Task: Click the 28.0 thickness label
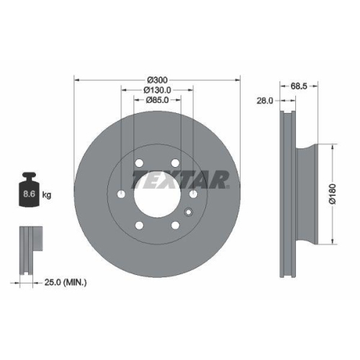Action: click(265, 102)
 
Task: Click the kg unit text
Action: click(47, 195)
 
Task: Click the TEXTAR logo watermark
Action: click(180, 179)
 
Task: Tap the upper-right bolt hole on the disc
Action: click(174, 164)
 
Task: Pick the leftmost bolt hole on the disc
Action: click(122, 194)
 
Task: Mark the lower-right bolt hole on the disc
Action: click(174, 225)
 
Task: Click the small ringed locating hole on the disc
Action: click(189, 212)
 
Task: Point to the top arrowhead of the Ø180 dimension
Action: click(330, 147)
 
